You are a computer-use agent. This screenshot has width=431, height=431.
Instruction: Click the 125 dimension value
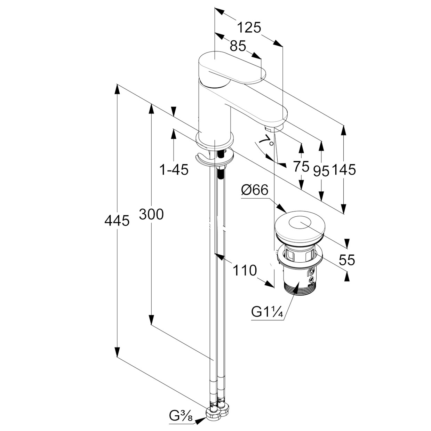pyautogui.click(x=249, y=27)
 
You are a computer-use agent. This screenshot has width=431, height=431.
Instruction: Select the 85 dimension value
pyautogui.click(x=238, y=46)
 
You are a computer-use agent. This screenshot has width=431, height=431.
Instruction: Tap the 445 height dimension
pyautogui.click(x=117, y=220)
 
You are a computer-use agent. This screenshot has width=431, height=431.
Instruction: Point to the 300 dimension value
pyautogui.click(x=151, y=214)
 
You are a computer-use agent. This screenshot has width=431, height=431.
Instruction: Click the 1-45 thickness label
pyautogui.click(x=174, y=170)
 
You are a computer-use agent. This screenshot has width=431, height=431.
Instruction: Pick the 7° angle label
pyautogui.click(x=266, y=141)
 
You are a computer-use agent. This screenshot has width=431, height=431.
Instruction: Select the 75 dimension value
pyautogui.click(x=301, y=167)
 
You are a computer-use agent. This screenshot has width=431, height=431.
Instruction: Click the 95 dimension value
pyautogui.click(x=321, y=171)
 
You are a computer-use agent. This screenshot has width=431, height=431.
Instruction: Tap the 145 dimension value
pyautogui.click(x=344, y=170)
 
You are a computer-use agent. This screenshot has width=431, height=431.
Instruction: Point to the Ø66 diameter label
pyautogui.click(x=255, y=190)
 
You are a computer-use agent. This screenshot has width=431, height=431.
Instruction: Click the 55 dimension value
pyautogui.click(x=346, y=260)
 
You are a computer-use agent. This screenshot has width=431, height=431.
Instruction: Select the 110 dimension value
pyautogui.click(x=244, y=270)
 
